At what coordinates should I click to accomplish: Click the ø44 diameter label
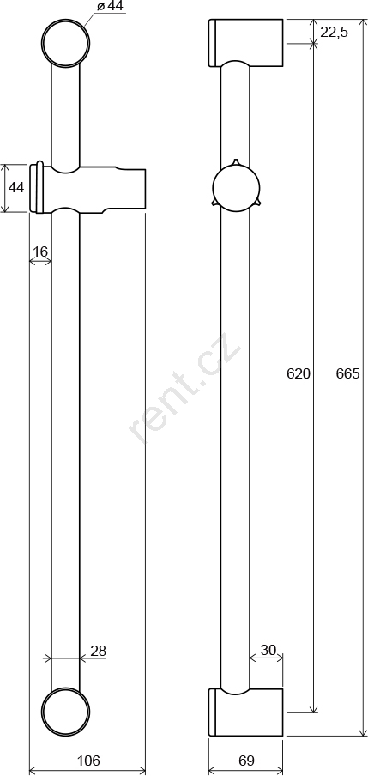(109, 7)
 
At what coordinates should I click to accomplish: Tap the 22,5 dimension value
(335, 32)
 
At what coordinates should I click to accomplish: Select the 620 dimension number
(299, 373)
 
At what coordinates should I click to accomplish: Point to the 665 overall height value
(347, 373)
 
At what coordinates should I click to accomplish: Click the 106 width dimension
(89, 761)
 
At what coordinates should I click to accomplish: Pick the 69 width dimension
(246, 761)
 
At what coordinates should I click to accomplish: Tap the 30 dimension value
(268, 649)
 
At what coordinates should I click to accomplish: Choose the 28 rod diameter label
(99, 651)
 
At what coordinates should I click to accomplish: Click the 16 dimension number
(40, 252)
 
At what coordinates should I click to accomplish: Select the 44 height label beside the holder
(16, 188)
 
